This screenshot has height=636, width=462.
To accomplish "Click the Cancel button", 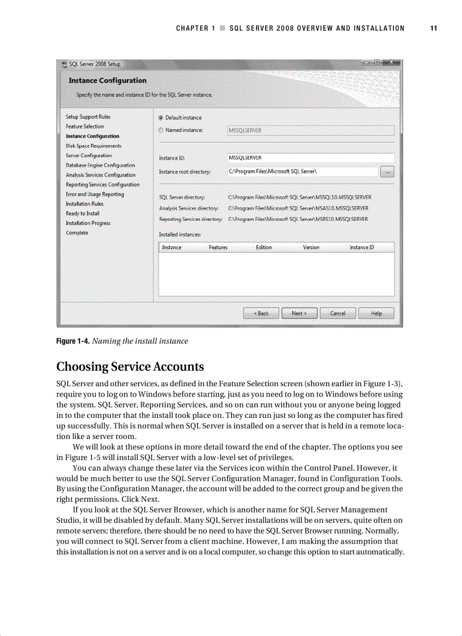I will pyautogui.click(x=337, y=313).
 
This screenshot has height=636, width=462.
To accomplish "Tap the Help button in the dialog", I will pyautogui.click(x=376, y=313).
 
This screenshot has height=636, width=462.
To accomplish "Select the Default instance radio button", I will pyautogui.click(x=161, y=118).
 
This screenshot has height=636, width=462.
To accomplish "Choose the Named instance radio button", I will pyautogui.click(x=161, y=131).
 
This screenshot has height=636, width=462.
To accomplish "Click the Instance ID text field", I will pyautogui.click(x=310, y=158).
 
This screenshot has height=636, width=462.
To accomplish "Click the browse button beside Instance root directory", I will pyautogui.click(x=387, y=172).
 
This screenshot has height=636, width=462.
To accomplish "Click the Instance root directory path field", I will pyautogui.click(x=302, y=172).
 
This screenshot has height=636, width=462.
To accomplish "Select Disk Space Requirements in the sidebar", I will pyautogui.click(x=93, y=146).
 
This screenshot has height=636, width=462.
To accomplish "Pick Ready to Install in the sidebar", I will pyautogui.click(x=83, y=214).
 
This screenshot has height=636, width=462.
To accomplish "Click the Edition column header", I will pyautogui.click(x=264, y=247).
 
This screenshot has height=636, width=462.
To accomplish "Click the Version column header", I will pyautogui.click(x=311, y=247).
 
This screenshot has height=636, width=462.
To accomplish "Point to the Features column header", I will pyautogui.click(x=218, y=247).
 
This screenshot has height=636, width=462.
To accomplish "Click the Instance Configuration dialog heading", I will pyautogui.click(x=108, y=80).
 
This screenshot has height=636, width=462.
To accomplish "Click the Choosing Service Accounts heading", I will pyautogui.click(x=130, y=366).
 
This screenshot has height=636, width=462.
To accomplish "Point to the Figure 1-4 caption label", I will pyautogui.click(x=72, y=341).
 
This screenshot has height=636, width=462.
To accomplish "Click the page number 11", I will pyautogui.click(x=434, y=28).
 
